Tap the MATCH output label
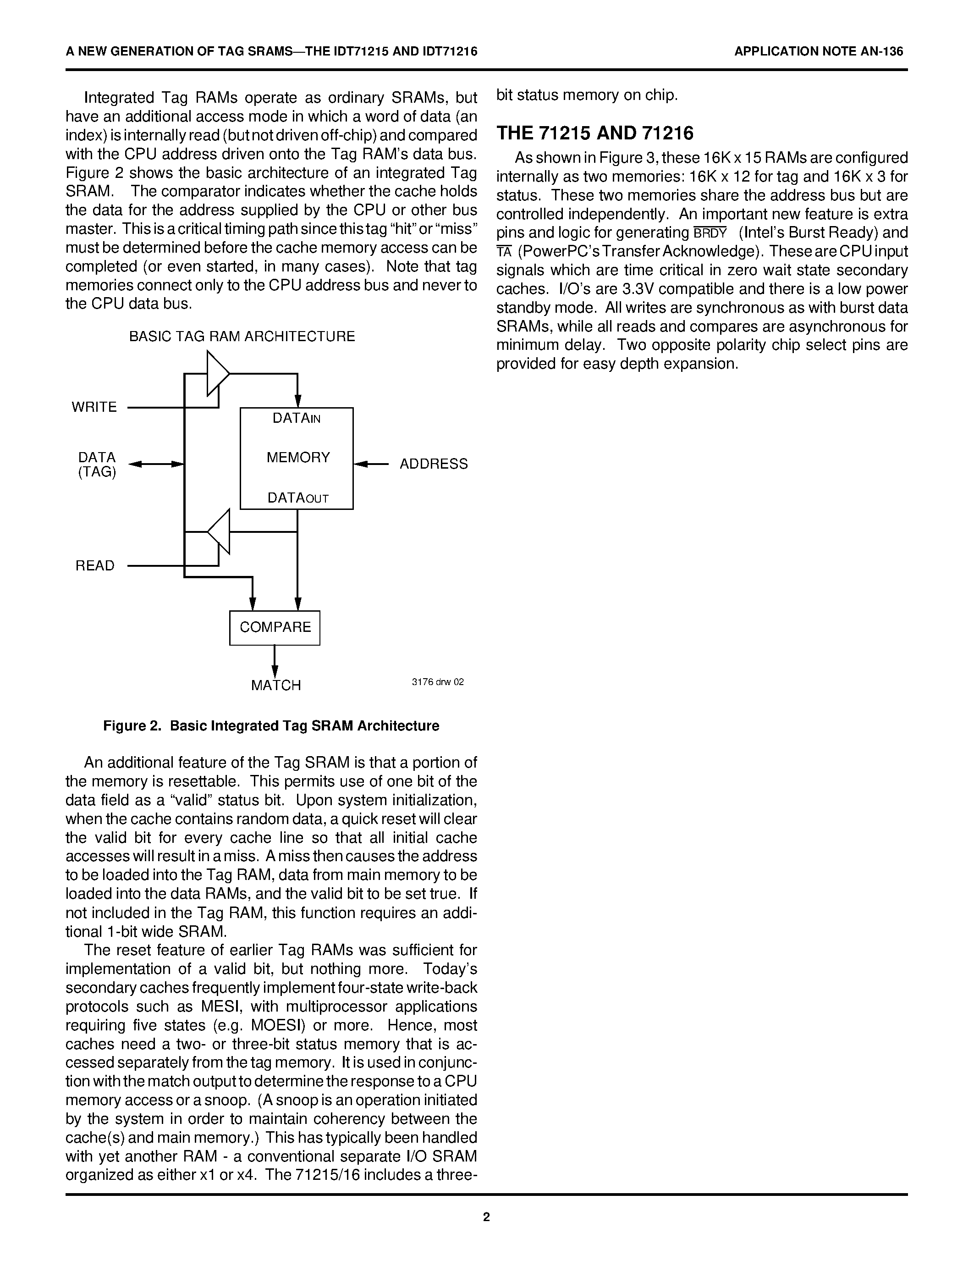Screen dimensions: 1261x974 click(x=276, y=686)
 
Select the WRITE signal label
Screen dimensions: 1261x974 click(x=94, y=407)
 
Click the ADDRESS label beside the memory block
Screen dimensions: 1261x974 click(x=433, y=464)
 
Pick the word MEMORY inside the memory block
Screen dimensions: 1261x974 click(x=298, y=458)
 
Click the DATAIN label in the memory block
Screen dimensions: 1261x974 click(x=296, y=419)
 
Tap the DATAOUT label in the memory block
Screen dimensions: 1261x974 click(x=298, y=498)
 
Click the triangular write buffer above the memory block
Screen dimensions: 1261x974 click(x=217, y=374)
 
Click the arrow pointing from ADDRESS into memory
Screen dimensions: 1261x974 click(x=369, y=464)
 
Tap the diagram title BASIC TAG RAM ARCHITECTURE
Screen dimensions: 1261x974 click(x=242, y=337)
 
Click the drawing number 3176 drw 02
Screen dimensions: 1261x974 click(x=437, y=682)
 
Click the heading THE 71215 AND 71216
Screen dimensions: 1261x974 click(x=595, y=133)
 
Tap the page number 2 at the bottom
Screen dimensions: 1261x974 click(x=486, y=1217)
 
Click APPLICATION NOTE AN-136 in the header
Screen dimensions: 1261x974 click(x=818, y=51)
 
